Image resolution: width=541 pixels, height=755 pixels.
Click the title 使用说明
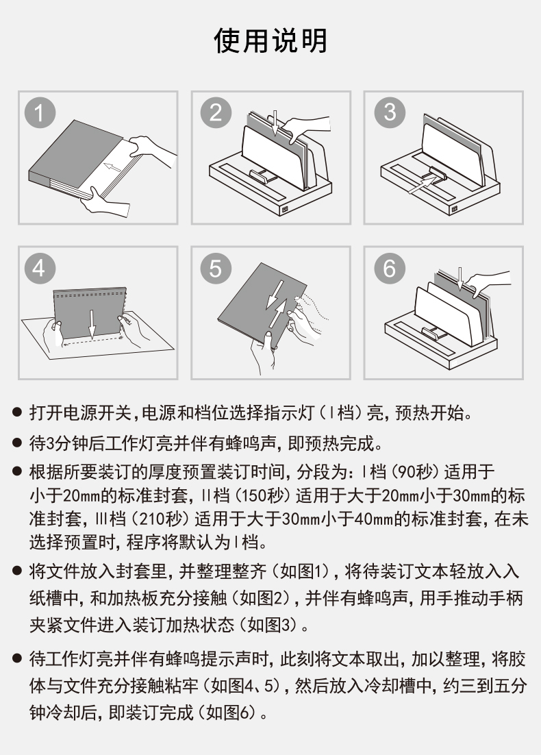coord(270,40)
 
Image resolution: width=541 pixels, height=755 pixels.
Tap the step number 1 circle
coord(40,113)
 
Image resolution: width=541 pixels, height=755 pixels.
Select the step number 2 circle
coord(216,112)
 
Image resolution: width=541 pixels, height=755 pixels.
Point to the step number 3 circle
coord(390,112)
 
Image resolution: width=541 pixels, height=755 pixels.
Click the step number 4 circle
coord(40,268)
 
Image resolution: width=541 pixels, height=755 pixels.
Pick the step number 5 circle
coord(216,268)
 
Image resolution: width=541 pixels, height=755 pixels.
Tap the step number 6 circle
coord(390,268)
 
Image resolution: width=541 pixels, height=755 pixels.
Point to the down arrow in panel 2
coord(275,123)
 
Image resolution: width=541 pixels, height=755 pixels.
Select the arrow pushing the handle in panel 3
coord(422,184)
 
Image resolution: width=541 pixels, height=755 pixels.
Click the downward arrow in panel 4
coord(92,323)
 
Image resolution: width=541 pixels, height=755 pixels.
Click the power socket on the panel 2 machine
coord(285,210)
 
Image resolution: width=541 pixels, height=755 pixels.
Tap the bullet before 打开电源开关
coord(17,412)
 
